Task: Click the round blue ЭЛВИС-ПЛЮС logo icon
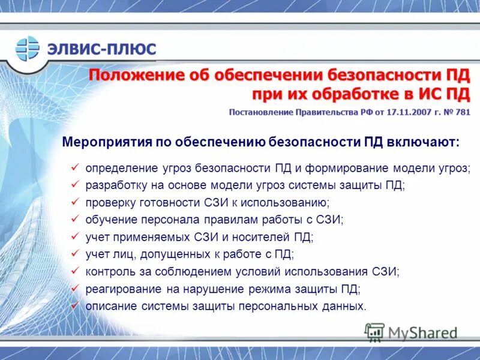point(27,49)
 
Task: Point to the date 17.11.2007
point(410,112)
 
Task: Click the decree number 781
point(463,112)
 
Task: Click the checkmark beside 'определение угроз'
point(74,167)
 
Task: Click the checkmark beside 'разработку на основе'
point(74,185)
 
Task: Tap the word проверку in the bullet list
point(109,202)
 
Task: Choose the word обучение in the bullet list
point(109,220)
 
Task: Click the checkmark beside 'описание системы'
point(74,306)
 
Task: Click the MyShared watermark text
point(422,332)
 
